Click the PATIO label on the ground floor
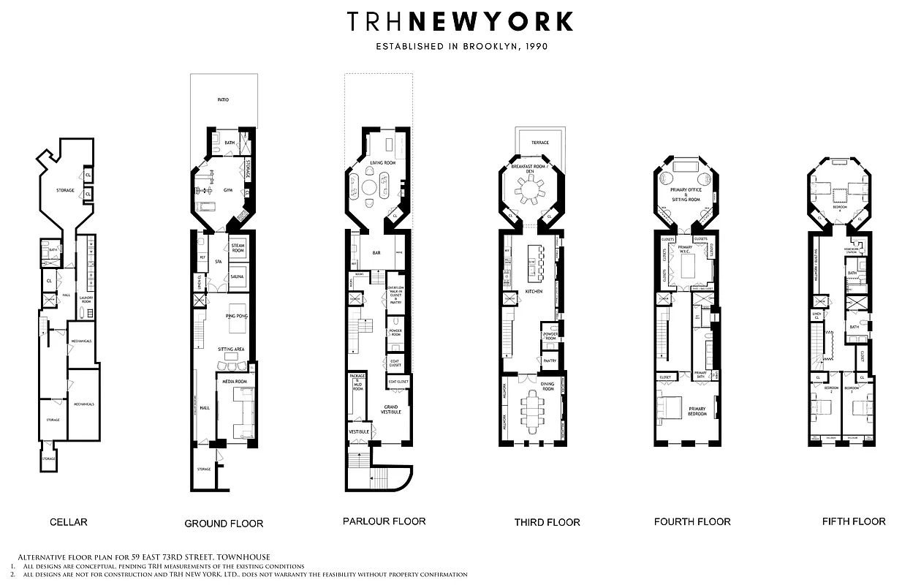pos(223,99)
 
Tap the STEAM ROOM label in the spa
pos(238,248)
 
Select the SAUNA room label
pos(238,277)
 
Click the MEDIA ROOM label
pos(231,381)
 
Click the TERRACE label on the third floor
pos(540,143)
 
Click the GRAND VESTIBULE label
pos(392,409)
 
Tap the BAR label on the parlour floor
pos(376,253)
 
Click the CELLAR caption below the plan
pos(69,522)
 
